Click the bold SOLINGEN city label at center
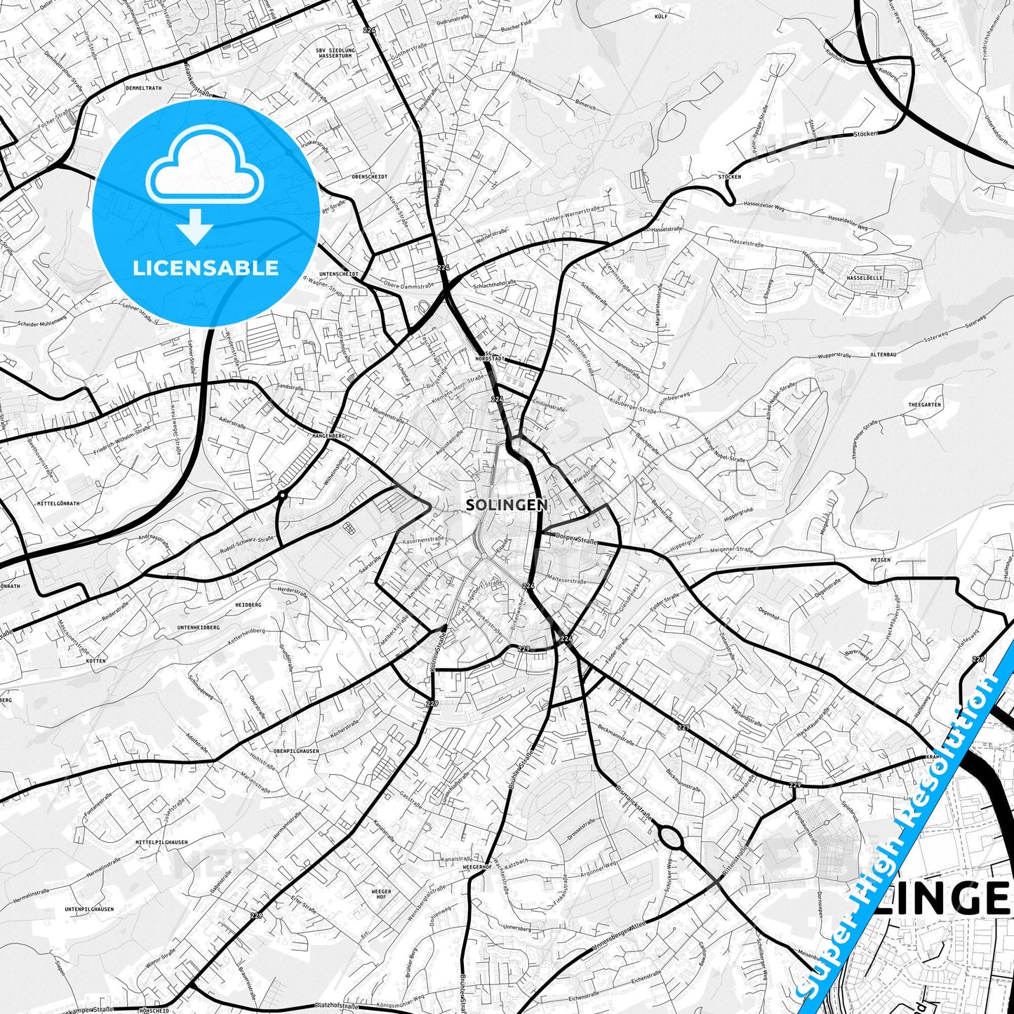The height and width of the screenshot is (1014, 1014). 507,505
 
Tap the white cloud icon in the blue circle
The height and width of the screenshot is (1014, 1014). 205,166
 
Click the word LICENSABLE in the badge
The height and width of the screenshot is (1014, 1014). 206,268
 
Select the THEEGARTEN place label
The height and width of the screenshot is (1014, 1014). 924,405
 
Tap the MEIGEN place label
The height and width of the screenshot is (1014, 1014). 880,560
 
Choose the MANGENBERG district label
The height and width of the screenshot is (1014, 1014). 328,436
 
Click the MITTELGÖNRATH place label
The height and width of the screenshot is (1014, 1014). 59,503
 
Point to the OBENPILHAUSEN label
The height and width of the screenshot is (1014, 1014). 296,751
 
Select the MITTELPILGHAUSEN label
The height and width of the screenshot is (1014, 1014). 161,842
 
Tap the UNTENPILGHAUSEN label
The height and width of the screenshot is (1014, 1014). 89,909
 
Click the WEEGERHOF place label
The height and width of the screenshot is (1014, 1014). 477,867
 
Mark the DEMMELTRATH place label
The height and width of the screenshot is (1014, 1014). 143,88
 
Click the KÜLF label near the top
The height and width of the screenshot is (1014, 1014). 660,15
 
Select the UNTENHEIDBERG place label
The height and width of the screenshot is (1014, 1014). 198,627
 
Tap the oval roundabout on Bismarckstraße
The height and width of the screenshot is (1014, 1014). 670,836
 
